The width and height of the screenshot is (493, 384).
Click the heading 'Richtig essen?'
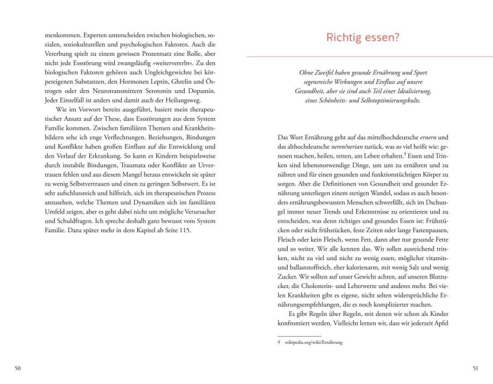coord(363,38)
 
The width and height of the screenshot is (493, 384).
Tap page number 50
coord(17,369)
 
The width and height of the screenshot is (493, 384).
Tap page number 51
coord(475,369)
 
